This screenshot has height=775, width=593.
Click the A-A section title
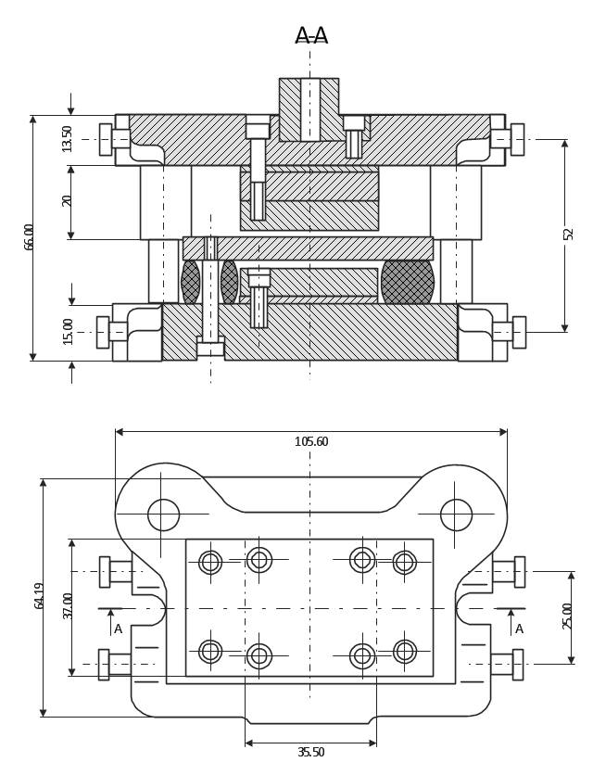(x=310, y=36)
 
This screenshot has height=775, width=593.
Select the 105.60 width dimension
(x=310, y=442)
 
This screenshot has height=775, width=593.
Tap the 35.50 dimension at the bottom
(x=310, y=753)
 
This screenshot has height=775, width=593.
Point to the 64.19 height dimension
(x=40, y=595)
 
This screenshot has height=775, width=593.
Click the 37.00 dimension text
(x=68, y=605)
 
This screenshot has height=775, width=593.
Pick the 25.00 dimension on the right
(x=568, y=616)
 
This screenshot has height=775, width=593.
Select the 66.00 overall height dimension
(x=30, y=236)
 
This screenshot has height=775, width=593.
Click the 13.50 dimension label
(x=68, y=138)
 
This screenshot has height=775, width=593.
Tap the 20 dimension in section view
(x=68, y=200)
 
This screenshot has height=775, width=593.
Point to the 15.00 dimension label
(x=68, y=331)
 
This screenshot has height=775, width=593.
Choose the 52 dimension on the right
(x=568, y=234)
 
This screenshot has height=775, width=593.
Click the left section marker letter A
(x=118, y=629)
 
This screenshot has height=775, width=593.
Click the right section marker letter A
(x=519, y=629)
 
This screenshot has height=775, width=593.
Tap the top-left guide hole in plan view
(x=163, y=515)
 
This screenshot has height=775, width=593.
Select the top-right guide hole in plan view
(x=456, y=515)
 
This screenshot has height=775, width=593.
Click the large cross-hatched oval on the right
(x=407, y=282)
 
